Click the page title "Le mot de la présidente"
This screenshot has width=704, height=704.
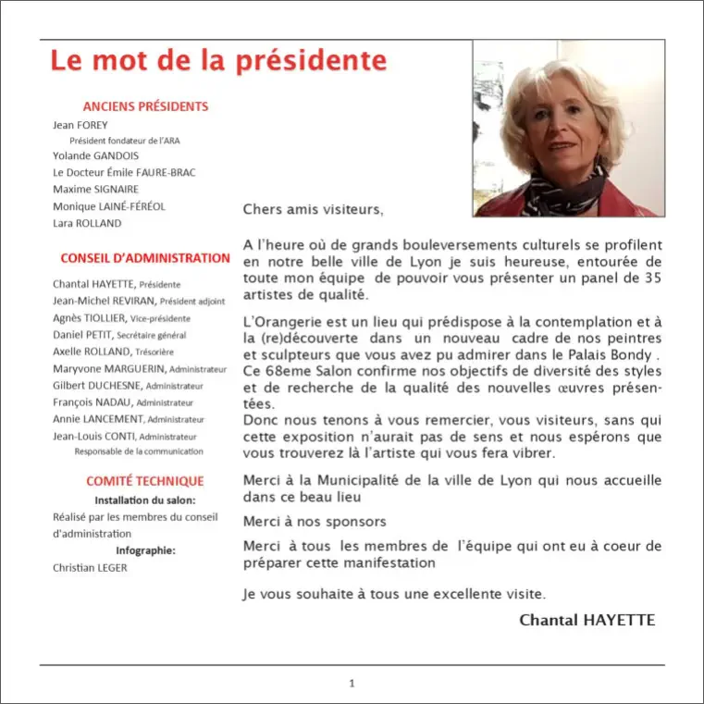[218, 61]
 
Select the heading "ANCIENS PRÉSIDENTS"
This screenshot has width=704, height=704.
[145, 106]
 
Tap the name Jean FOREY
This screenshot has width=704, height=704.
[80, 125]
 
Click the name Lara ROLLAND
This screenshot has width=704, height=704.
[87, 223]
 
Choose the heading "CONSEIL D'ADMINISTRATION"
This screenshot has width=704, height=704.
[145, 258]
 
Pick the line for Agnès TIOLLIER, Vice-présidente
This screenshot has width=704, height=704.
[121, 317]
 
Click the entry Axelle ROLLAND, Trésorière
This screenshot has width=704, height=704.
[113, 352]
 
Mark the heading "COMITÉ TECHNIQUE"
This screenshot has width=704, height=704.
[145, 481]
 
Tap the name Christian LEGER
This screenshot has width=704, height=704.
[90, 567]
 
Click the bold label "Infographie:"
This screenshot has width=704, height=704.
[145, 550]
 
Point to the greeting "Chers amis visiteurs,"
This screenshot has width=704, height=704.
[312, 209]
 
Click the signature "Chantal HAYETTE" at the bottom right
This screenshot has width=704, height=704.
[587, 620]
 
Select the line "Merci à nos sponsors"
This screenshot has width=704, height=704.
[315, 522]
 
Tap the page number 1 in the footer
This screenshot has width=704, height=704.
[352, 683]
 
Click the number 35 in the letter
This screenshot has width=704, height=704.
[653, 278]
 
